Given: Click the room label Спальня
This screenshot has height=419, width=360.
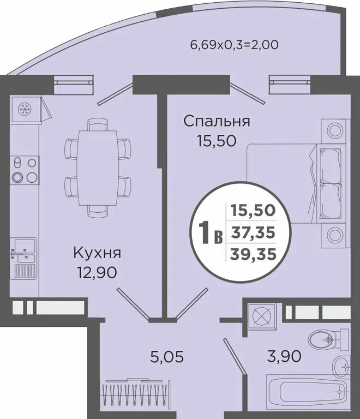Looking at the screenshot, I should (x=217, y=121).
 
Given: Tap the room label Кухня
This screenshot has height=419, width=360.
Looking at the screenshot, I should (x=97, y=253).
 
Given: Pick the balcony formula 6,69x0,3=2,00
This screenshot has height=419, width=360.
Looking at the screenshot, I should (x=233, y=44).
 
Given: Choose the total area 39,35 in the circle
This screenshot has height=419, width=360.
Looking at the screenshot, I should (x=253, y=253).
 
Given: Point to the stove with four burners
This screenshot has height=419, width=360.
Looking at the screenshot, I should (x=25, y=169).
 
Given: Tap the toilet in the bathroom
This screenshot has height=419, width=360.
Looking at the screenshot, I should (x=327, y=339).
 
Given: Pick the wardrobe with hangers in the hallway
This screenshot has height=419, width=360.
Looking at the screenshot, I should (x=134, y=392).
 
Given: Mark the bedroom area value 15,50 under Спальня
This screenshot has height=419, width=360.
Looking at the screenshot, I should (x=217, y=141).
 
